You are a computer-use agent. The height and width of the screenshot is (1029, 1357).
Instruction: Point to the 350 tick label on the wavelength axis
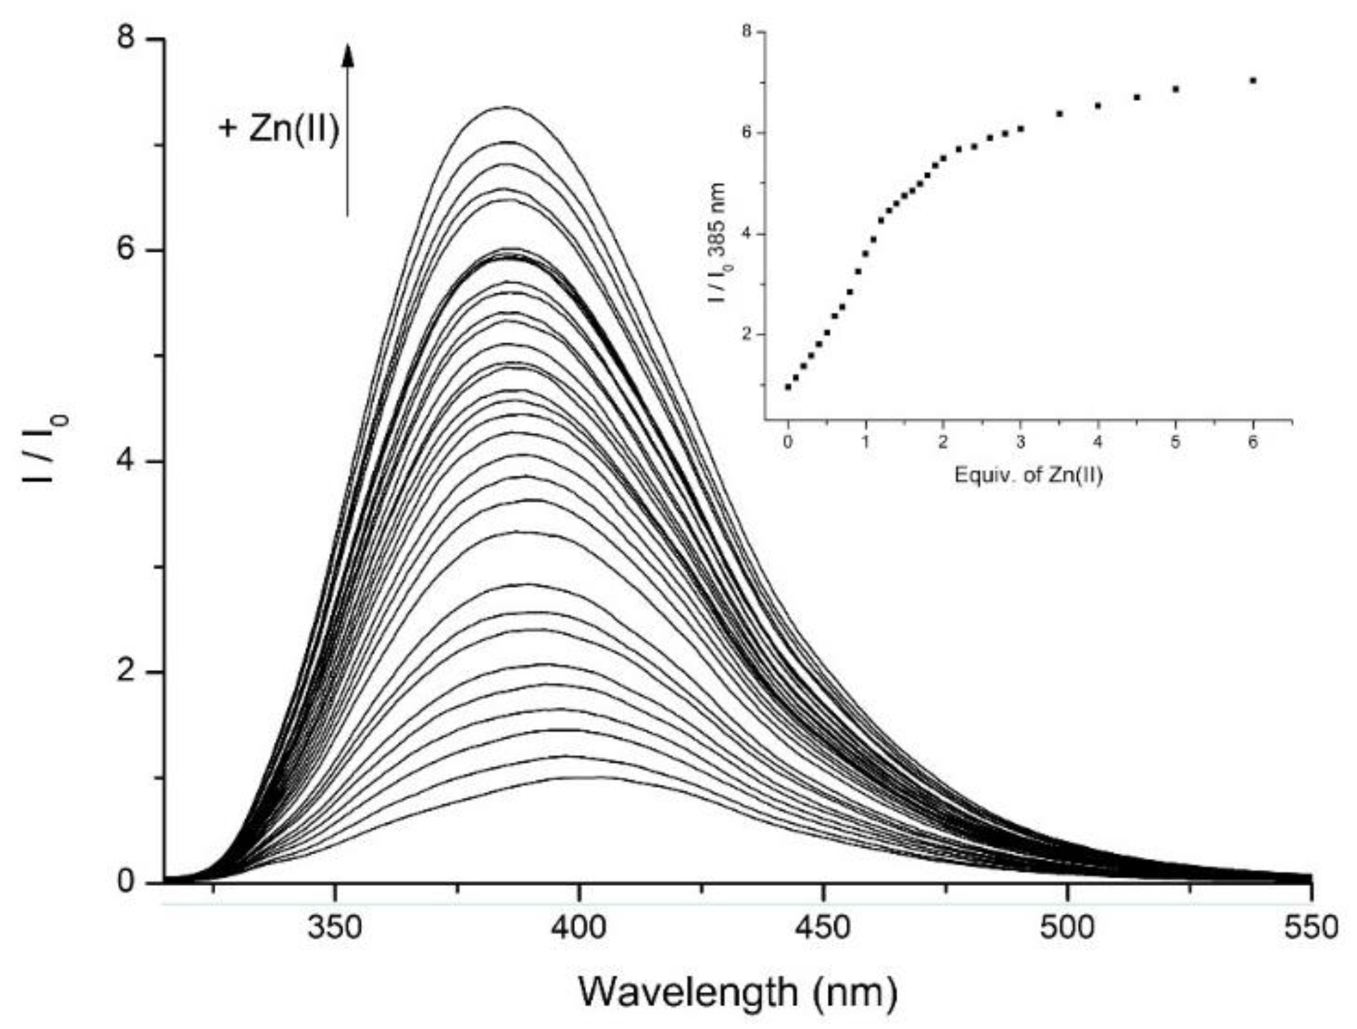coord(335,928)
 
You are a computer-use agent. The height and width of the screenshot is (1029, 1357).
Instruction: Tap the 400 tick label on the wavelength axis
coord(578,928)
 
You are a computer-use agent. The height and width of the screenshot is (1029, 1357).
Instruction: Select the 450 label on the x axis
coord(823,928)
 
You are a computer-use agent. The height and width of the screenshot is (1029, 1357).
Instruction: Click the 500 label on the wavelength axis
coord(1067,928)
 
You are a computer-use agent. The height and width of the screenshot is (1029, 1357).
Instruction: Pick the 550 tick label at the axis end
coord(1310,928)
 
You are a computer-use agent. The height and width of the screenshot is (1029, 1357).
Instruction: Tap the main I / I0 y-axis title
coord(45,451)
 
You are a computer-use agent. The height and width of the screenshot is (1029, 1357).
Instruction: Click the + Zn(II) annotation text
coord(279,130)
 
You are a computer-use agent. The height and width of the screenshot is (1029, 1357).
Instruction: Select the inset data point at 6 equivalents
coord(1253,81)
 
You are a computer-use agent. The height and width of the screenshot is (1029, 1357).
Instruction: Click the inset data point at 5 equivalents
coord(1175,89)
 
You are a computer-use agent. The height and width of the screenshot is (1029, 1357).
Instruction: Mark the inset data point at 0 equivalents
coord(787,387)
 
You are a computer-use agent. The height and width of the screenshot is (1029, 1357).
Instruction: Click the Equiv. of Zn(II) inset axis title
coord(1029,474)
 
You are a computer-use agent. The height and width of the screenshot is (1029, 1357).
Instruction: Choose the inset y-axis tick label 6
coord(751,133)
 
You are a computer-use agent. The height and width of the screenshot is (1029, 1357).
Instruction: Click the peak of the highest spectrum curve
coord(506,107)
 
